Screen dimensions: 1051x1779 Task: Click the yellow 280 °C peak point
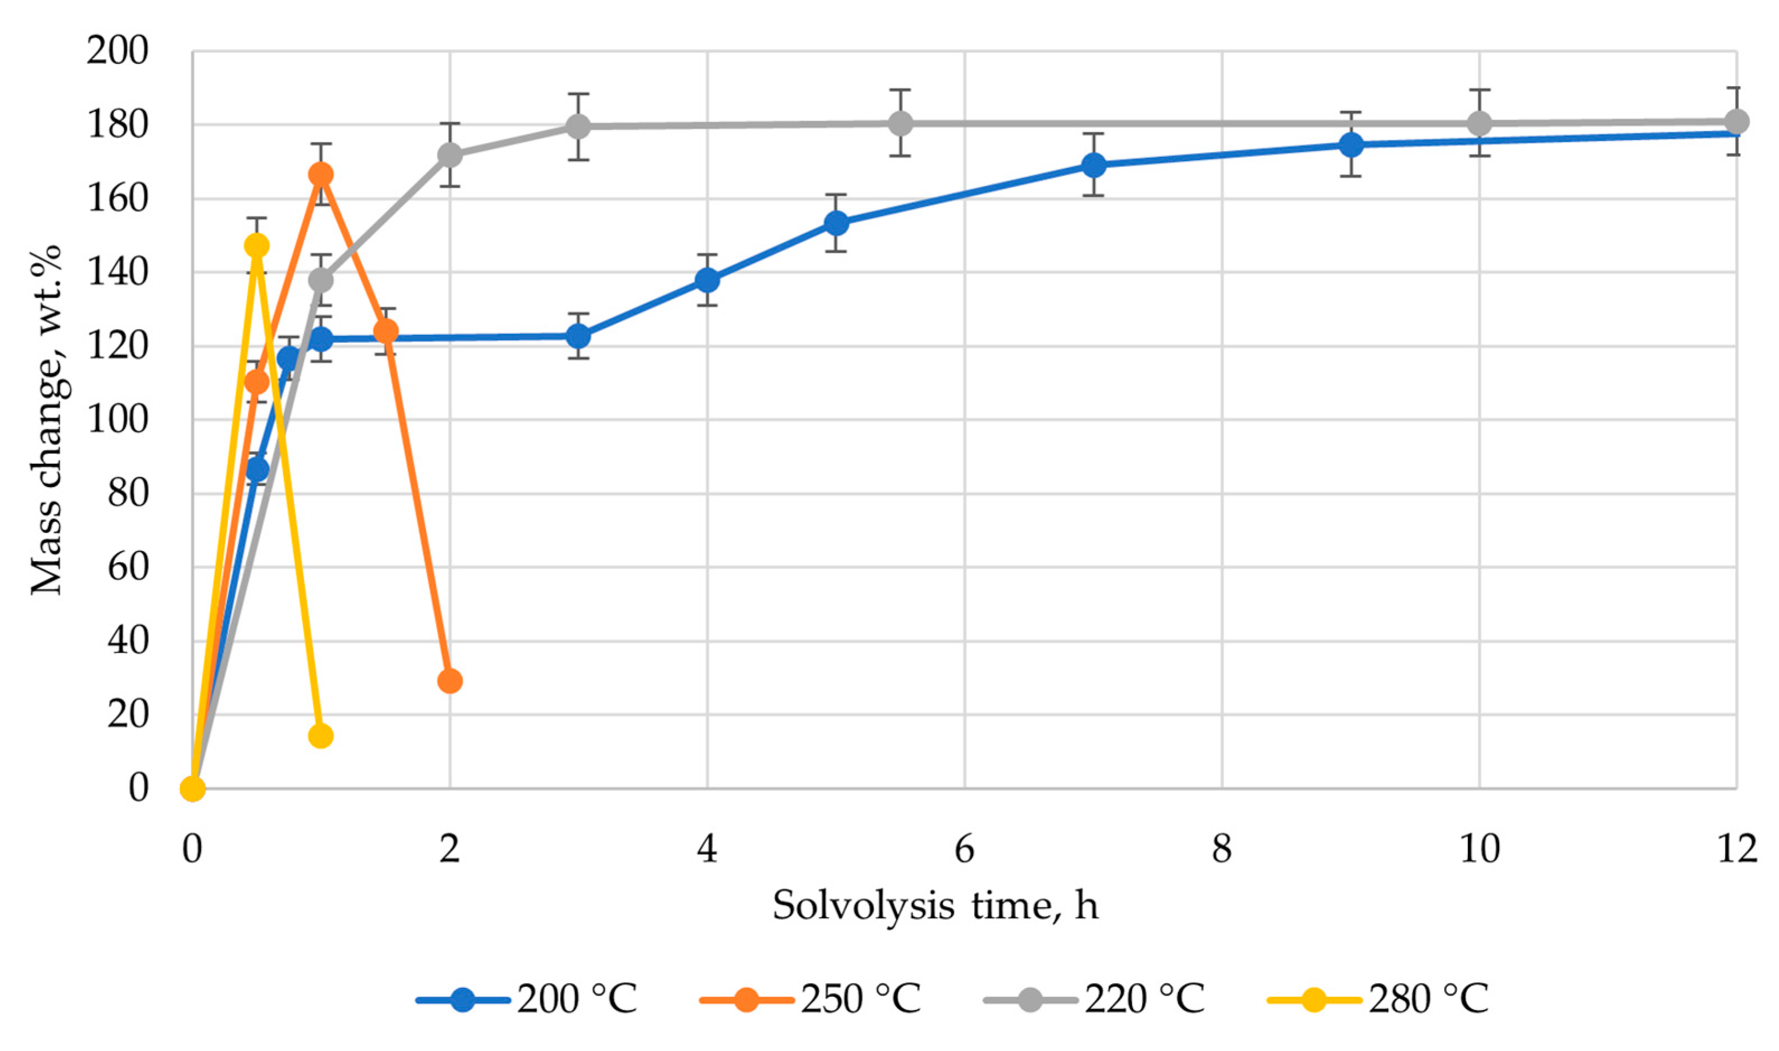pyautogui.click(x=256, y=246)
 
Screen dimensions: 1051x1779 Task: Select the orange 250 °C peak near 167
pyautogui.click(x=321, y=174)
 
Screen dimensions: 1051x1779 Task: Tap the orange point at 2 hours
pyautogui.click(x=450, y=681)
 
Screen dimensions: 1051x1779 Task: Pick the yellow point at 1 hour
pyautogui.click(x=321, y=737)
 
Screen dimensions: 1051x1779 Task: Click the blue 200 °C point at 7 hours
pyautogui.click(x=1094, y=165)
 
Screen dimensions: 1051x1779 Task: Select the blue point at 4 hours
pyautogui.click(x=707, y=280)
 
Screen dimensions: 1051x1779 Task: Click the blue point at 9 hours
pyautogui.click(x=1351, y=145)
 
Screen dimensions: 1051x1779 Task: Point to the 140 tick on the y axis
pyautogui.click(x=117, y=272)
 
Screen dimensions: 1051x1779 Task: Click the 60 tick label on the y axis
pyautogui.click(x=128, y=567)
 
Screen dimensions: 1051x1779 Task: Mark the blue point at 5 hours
pyautogui.click(x=836, y=223)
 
